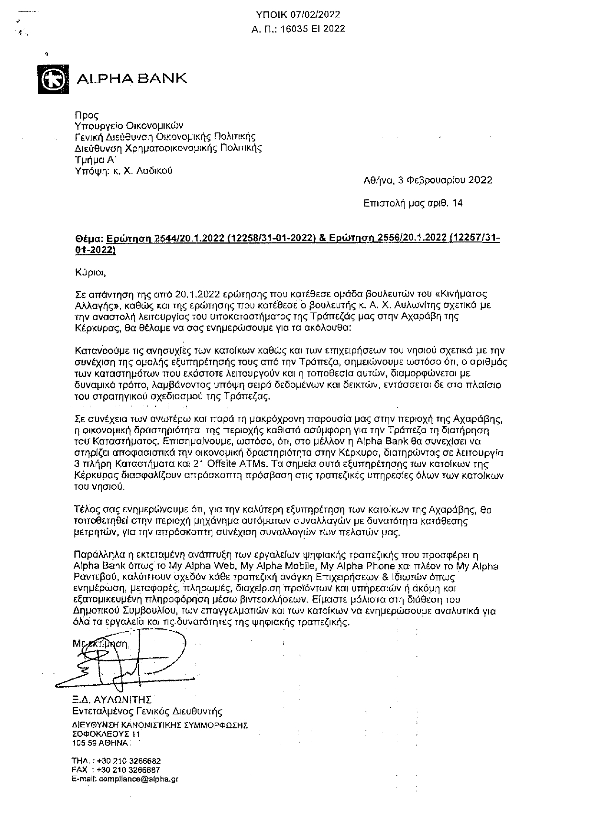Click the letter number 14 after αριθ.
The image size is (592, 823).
(x=457, y=203)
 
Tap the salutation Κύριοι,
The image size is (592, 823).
(x=89, y=273)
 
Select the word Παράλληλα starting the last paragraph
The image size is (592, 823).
(x=97, y=555)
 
